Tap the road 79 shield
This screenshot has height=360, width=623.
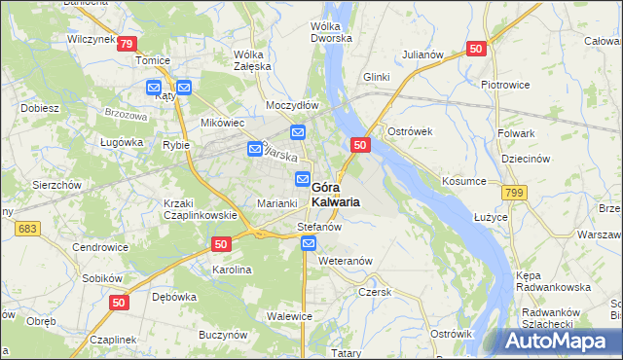tap(127, 44)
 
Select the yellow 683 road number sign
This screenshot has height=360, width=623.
tap(26, 228)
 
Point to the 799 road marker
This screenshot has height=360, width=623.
tap(515, 194)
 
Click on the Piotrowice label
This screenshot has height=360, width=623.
tap(505, 84)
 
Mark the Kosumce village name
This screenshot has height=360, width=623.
tap(463, 181)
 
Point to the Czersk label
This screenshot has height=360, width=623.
tap(374, 291)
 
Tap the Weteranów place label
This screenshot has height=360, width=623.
tap(346, 261)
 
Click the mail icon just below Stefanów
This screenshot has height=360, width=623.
tap(308, 245)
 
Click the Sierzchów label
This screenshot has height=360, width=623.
tap(56, 183)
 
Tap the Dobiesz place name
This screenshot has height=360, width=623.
tap(39, 108)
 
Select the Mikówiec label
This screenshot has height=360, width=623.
tap(222, 123)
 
